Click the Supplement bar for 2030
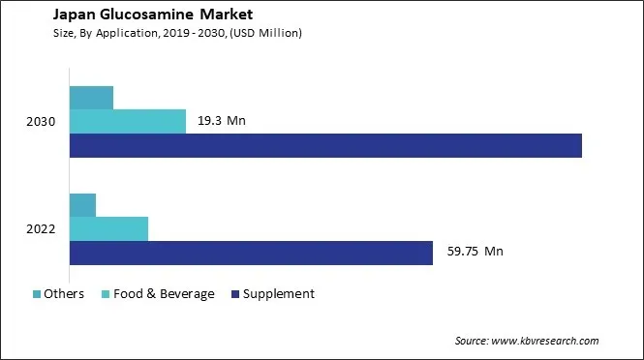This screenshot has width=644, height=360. point(325,145)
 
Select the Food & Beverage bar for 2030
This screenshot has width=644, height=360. point(128,121)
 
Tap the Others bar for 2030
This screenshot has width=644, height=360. point(92,98)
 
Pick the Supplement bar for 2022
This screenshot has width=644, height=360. point(251,253)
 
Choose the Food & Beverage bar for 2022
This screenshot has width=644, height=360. point(109,228)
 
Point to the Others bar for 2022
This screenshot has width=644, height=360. point(83,205)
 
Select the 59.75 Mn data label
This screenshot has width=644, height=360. point(474,253)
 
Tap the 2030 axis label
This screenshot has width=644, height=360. point(42,122)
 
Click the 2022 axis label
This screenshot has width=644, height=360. point(42,229)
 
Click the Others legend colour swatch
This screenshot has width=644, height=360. point(37,294)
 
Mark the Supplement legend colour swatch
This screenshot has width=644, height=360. point(235,294)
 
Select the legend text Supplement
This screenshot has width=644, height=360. point(279,294)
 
